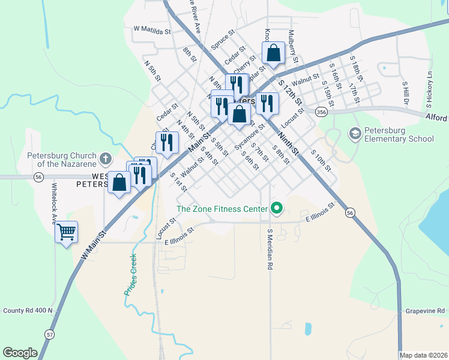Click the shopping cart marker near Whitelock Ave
pyautogui.click(x=66, y=231)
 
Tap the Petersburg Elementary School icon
pyautogui.click(x=355, y=134)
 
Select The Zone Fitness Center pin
pyautogui.click(x=276, y=209)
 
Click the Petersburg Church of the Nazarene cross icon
pyautogui.click(x=106, y=159)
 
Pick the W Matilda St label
pyautogui.click(x=152, y=29)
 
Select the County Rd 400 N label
pyautogui.click(x=28, y=310)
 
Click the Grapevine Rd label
pyautogui.click(x=424, y=311)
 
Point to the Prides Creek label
pyautogui.click(x=130, y=274)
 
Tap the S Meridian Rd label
pyautogui.click(x=270, y=248)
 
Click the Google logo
pyautogui.click(x=20, y=353)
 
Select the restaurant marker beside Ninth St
pyautogui.click(x=267, y=103)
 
